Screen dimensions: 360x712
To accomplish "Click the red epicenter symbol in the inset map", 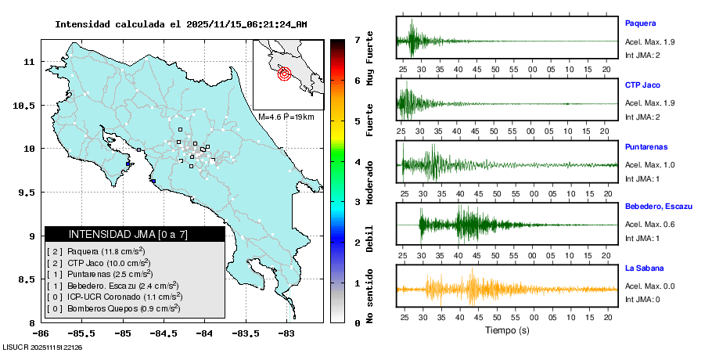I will [284, 74].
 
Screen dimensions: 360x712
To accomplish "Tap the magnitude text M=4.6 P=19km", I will [286, 117].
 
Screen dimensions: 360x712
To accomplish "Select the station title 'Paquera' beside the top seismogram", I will [640, 23].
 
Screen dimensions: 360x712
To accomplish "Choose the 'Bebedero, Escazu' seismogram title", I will [659, 207].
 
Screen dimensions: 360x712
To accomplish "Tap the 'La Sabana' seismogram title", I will [644, 268].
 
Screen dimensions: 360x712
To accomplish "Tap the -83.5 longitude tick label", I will [245, 333].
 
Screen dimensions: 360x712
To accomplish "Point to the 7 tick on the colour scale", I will [357, 39].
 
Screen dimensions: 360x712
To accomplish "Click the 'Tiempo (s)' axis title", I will [507, 331].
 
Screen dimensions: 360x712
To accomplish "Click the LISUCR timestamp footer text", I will [43, 347].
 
